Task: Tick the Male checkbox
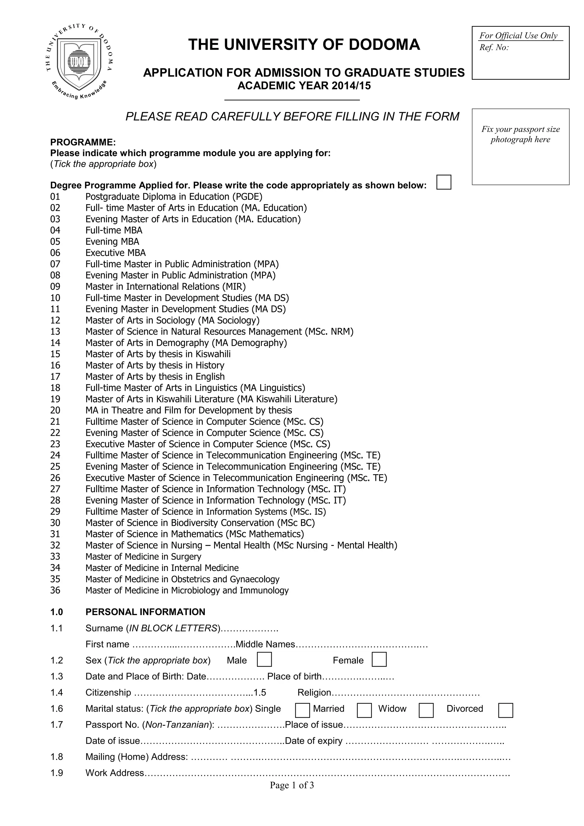(x=264, y=660)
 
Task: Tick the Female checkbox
(x=379, y=660)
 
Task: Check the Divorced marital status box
(x=505, y=710)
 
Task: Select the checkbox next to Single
(x=302, y=710)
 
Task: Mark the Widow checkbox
(x=426, y=710)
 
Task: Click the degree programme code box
(x=443, y=182)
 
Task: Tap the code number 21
(x=55, y=421)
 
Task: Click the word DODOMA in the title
(x=384, y=45)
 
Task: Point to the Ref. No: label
(x=494, y=48)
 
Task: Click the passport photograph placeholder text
(x=520, y=134)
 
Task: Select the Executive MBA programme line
(x=115, y=253)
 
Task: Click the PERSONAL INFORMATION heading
(x=145, y=612)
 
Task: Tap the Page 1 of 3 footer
(x=292, y=785)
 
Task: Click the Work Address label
(x=114, y=773)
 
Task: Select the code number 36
(x=55, y=590)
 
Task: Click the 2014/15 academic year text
(x=352, y=86)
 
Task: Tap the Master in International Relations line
(x=165, y=286)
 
